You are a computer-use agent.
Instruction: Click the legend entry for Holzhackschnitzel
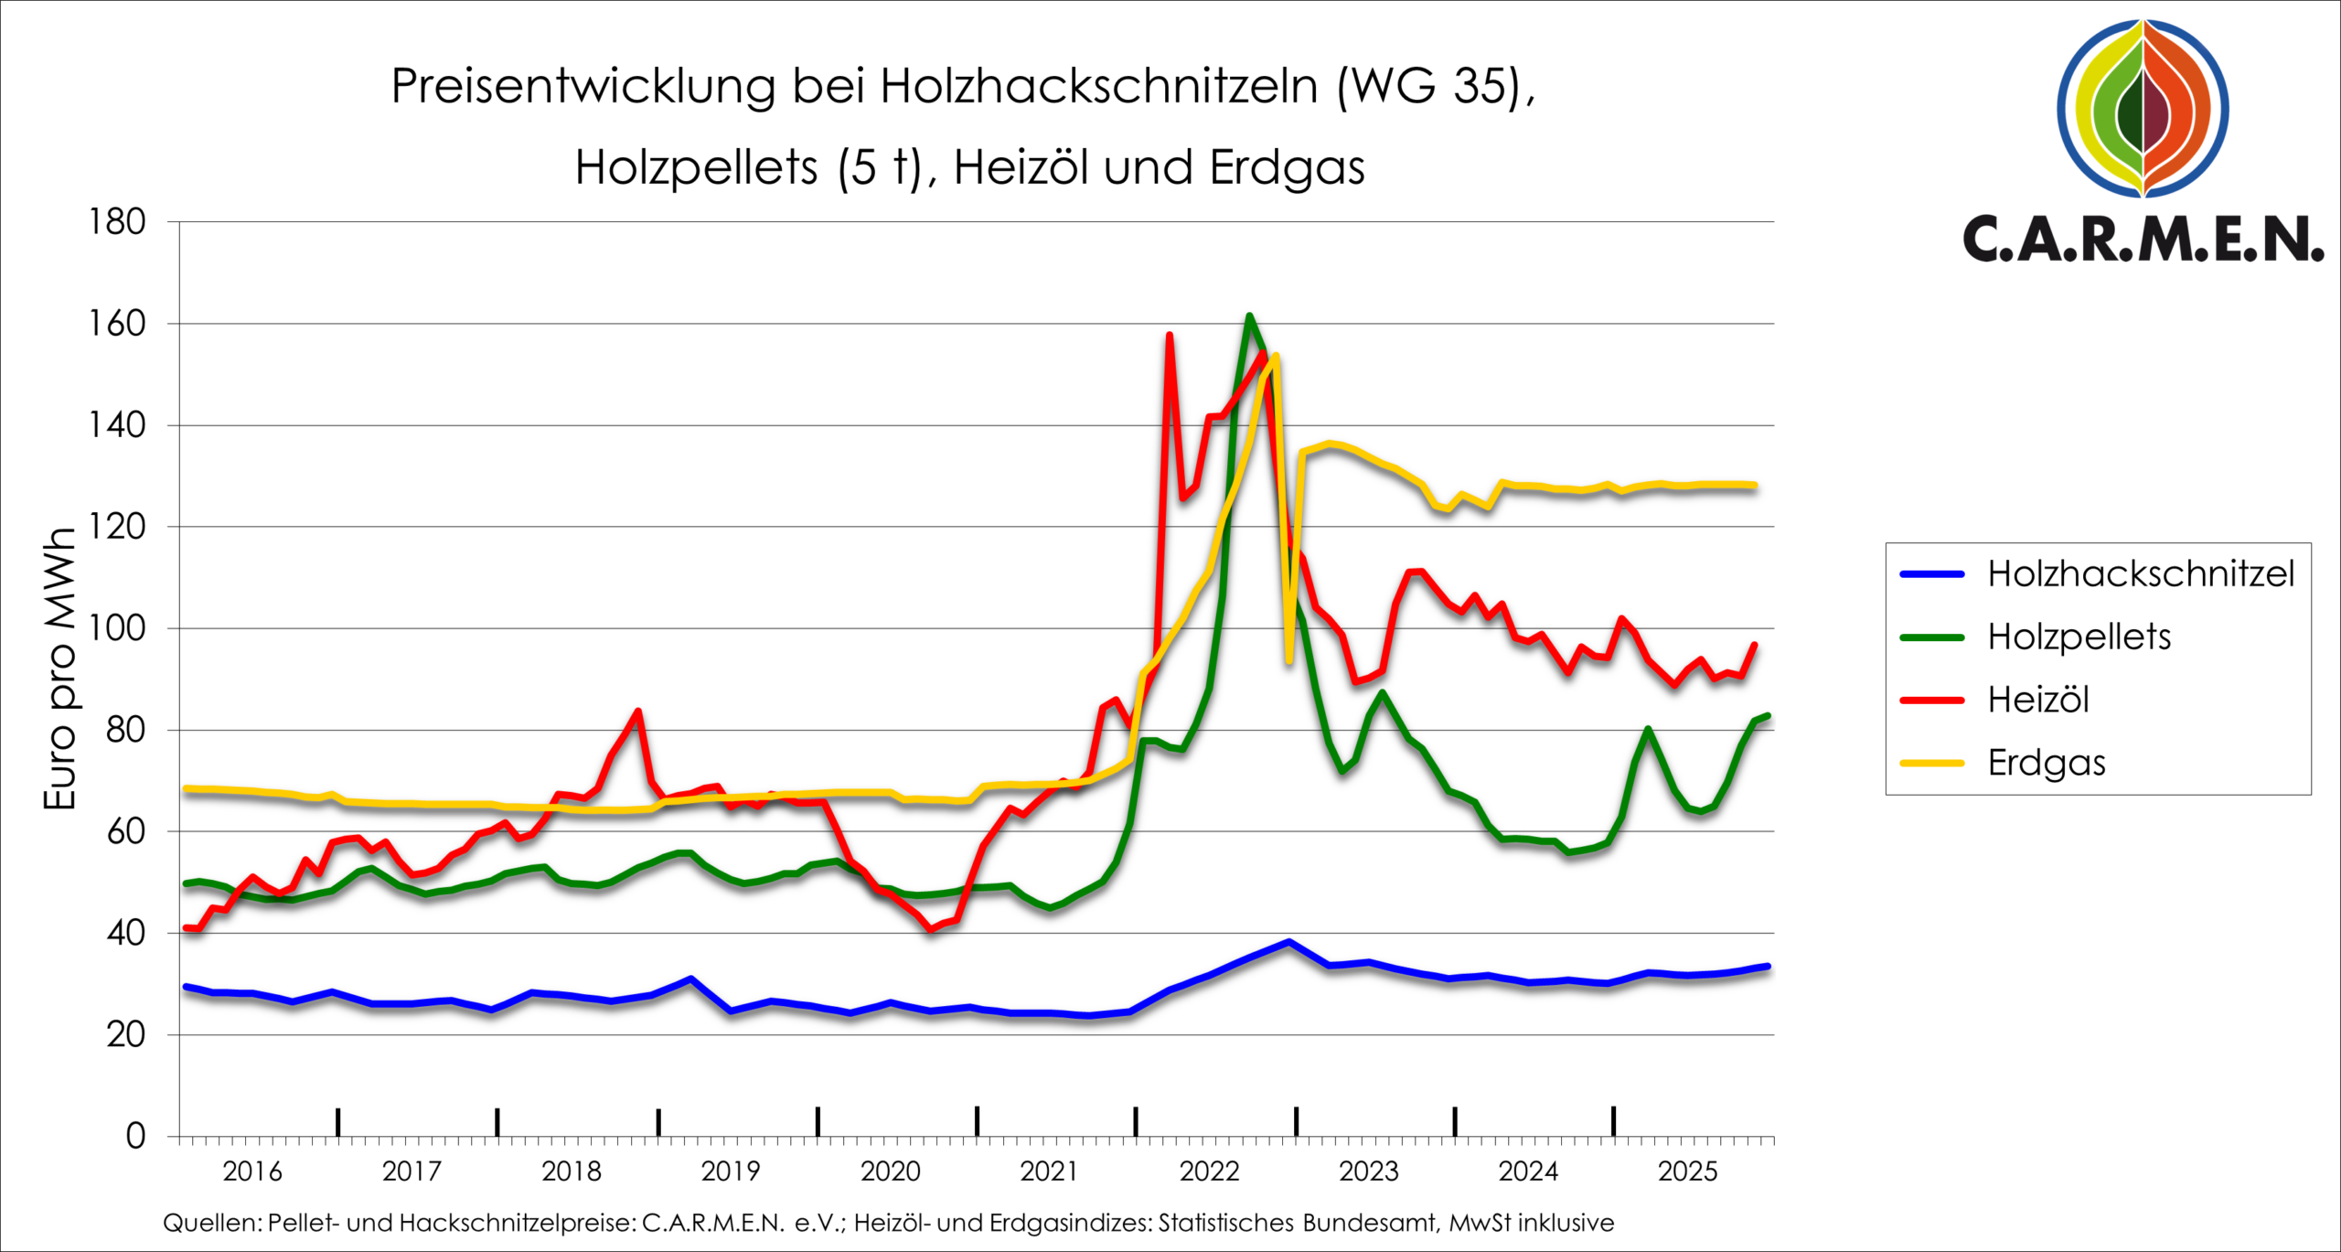[2140, 574]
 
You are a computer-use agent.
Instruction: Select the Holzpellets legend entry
[2079, 637]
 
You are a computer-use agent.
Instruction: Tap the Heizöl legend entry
[2038, 701]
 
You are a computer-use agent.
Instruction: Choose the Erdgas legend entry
[2046, 763]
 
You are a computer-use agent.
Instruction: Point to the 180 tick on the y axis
[117, 222]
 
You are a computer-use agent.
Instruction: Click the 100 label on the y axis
[117, 628]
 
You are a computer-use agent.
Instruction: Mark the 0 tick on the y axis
[135, 1137]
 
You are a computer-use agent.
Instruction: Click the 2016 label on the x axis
[252, 1172]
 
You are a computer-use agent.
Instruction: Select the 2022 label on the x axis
[1209, 1172]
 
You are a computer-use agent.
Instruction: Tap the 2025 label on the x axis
[1687, 1172]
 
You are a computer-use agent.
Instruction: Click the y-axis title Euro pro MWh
[60, 669]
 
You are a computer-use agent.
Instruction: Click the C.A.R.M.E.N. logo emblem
[2143, 108]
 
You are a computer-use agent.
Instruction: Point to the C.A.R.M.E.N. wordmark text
[2143, 240]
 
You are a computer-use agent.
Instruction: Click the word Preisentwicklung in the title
[583, 87]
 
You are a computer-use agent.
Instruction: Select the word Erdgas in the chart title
[1287, 168]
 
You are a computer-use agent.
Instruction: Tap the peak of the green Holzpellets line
[1249, 316]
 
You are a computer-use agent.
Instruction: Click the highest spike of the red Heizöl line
[1170, 335]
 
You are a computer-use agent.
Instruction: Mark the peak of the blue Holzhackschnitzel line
[1288, 941]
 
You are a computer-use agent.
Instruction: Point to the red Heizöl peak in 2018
[638, 711]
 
